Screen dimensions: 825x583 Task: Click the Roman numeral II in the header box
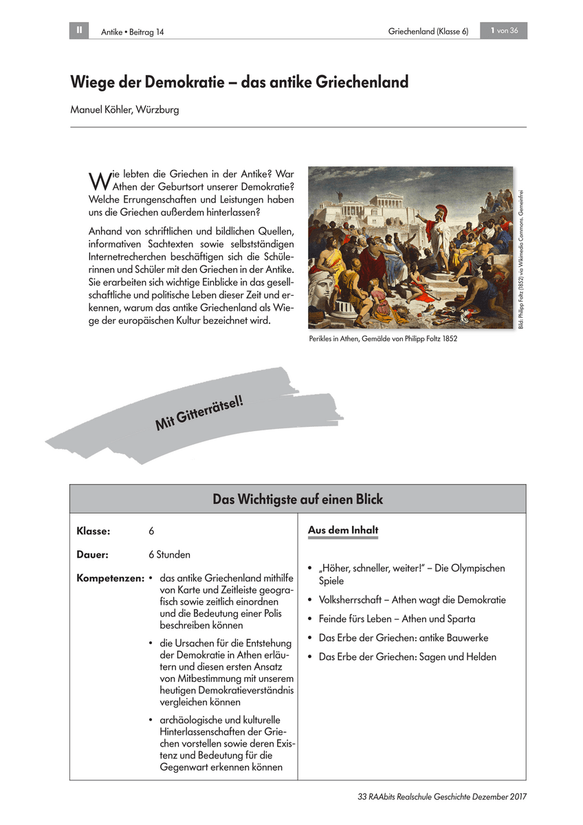point(79,30)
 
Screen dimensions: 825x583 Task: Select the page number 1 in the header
point(492,30)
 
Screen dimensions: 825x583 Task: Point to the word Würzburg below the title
point(159,109)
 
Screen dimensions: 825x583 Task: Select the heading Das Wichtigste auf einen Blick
point(298,499)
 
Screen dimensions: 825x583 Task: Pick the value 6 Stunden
point(169,554)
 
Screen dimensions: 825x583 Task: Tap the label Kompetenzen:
point(110,578)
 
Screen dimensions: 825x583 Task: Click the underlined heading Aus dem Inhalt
point(342,531)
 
